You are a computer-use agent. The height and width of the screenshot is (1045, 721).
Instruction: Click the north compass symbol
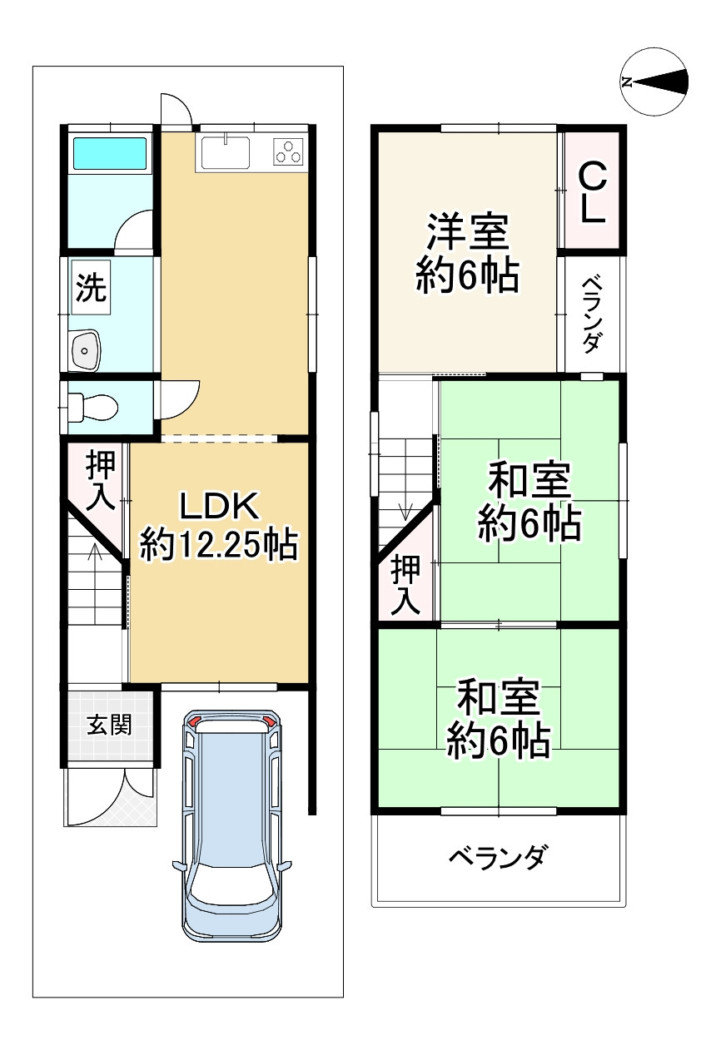[654, 82]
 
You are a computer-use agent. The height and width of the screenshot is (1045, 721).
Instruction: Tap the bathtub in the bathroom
[110, 154]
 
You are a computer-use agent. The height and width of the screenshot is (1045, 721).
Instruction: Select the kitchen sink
[224, 153]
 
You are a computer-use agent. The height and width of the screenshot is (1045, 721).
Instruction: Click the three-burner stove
[289, 152]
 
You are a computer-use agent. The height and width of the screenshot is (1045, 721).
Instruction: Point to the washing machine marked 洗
[91, 288]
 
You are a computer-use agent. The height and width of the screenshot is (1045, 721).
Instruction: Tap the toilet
[94, 408]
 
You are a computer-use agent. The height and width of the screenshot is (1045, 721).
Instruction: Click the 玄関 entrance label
[110, 725]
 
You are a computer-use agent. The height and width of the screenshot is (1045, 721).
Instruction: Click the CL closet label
[591, 193]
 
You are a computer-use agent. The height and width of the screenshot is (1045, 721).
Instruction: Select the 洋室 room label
[467, 232]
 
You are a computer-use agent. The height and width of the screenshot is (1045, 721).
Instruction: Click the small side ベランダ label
[591, 314]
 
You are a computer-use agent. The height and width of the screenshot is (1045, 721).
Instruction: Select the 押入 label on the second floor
[406, 586]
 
